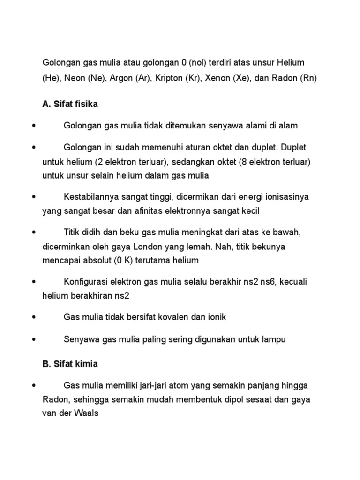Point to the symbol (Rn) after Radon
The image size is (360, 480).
[x=308, y=78]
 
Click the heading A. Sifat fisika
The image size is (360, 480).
[x=70, y=104]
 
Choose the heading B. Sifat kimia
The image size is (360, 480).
[x=70, y=364]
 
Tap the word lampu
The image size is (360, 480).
[x=274, y=339]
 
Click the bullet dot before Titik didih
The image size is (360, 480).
[x=33, y=232]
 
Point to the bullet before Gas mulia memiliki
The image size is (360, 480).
[x=33, y=385]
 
